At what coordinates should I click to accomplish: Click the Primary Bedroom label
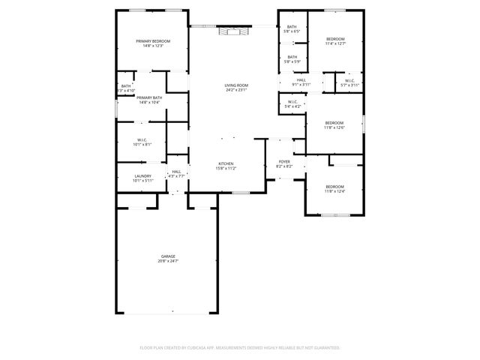152,41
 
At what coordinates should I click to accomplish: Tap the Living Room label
236,85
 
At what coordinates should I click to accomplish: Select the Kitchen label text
226,163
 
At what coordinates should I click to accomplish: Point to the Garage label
167,256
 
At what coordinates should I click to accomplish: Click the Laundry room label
142,176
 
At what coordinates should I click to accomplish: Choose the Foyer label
284,161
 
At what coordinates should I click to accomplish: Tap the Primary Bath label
149,97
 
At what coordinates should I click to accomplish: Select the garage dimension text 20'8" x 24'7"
167,261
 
